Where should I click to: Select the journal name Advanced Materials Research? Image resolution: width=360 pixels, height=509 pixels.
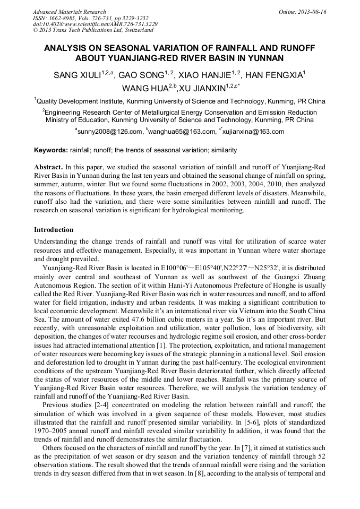[x=69, y=12]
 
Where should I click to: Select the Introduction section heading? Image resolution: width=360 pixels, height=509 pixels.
[x=54, y=230]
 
